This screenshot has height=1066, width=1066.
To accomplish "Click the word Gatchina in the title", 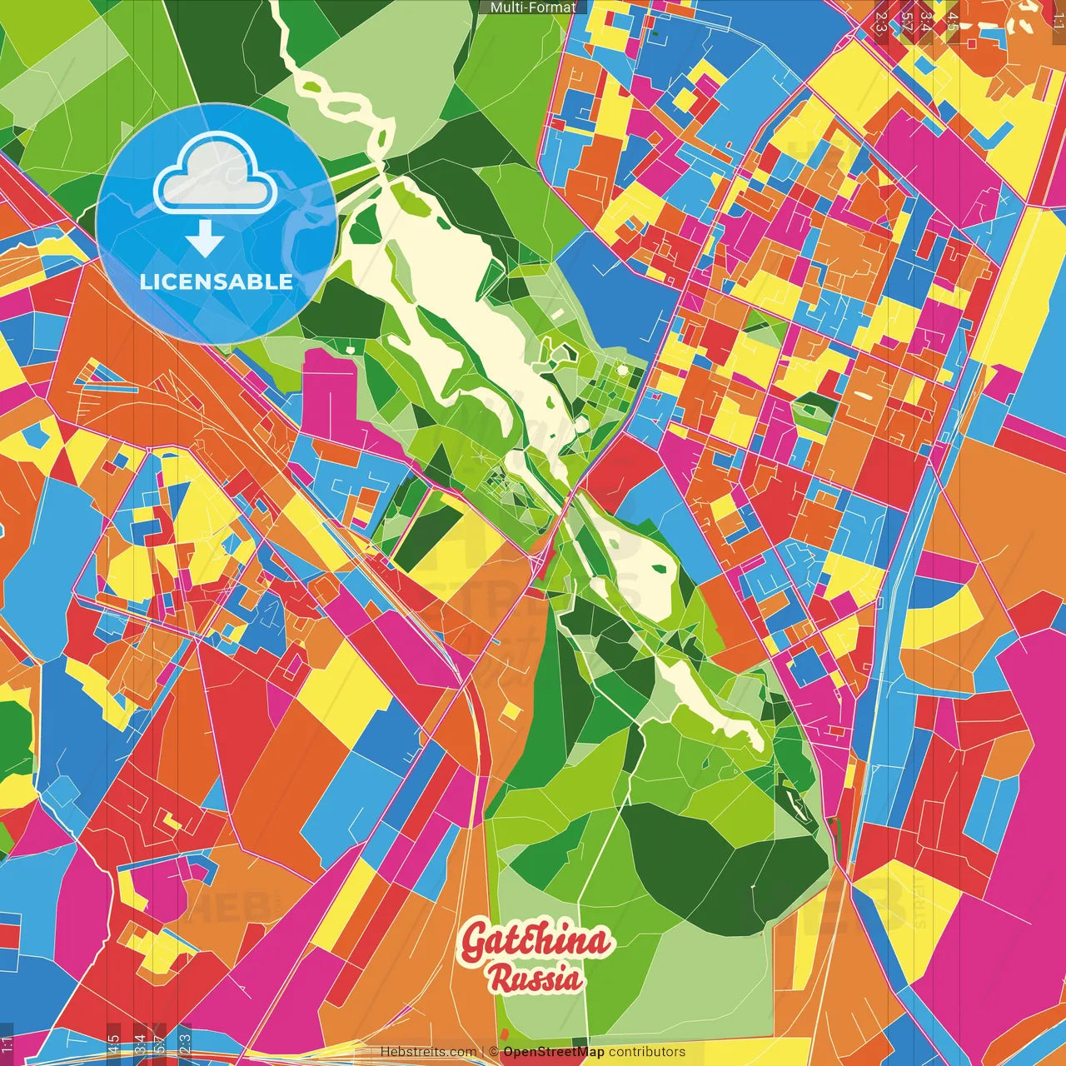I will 535,941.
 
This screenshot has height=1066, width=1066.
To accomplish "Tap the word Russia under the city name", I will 535,978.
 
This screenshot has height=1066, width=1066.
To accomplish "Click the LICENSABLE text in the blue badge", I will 216,281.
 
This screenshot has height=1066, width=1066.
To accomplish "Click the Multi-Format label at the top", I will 533,7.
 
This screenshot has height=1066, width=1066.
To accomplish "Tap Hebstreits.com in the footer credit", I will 428,1052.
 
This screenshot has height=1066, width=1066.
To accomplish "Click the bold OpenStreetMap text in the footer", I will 554,1052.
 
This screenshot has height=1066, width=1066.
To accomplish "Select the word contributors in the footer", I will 647,1052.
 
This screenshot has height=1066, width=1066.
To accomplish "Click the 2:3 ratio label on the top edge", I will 880,22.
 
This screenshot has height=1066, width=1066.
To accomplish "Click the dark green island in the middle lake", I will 660,570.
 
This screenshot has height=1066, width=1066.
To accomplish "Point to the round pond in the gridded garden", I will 621,369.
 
